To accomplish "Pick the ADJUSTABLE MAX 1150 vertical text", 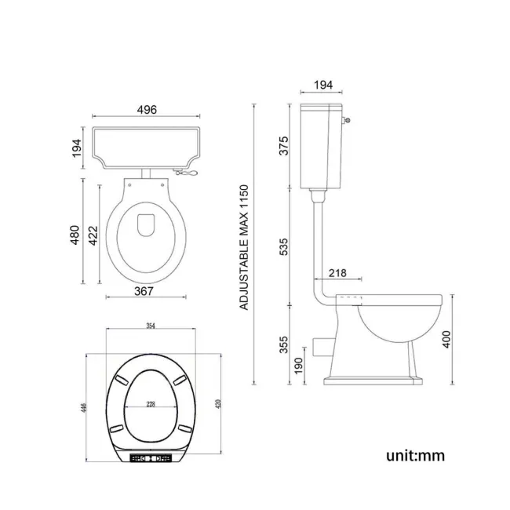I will [244, 247].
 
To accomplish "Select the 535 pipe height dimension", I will [284, 246].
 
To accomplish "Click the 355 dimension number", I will [284, 344].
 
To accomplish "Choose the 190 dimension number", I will [299, 365].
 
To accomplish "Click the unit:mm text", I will [415, 454].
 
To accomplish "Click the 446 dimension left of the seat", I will [83, 408].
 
